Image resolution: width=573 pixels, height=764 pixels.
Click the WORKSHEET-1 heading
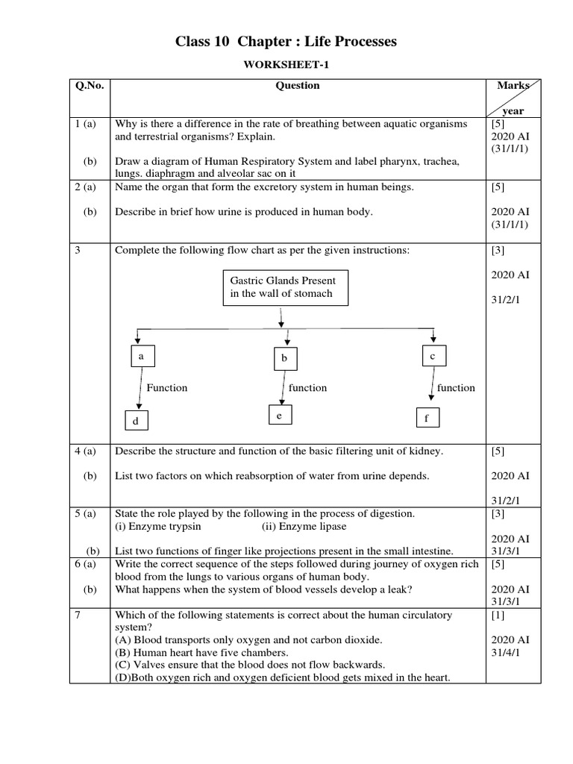[x=286, y=66]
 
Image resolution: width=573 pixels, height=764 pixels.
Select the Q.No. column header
[x=90, y=86]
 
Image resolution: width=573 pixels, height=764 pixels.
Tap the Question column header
[x=298, y=86]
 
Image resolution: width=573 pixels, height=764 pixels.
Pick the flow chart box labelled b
[x=284, y=360]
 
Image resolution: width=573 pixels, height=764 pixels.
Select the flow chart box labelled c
[x=433, y=357]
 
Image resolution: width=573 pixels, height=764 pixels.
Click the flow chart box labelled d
[x=137, y=422]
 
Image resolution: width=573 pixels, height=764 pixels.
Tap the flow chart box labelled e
[x=279, y=416]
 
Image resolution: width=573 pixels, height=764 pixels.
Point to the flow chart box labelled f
[x=428, y=419]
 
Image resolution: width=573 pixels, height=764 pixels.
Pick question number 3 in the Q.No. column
[x=78, y=251]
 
